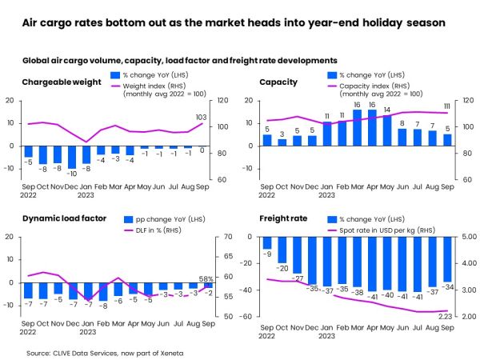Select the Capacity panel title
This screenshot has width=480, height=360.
[x=278, y=81]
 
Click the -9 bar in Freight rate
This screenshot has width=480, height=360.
[x=268, y=243]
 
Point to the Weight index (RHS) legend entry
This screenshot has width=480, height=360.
[x=165, y=86]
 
